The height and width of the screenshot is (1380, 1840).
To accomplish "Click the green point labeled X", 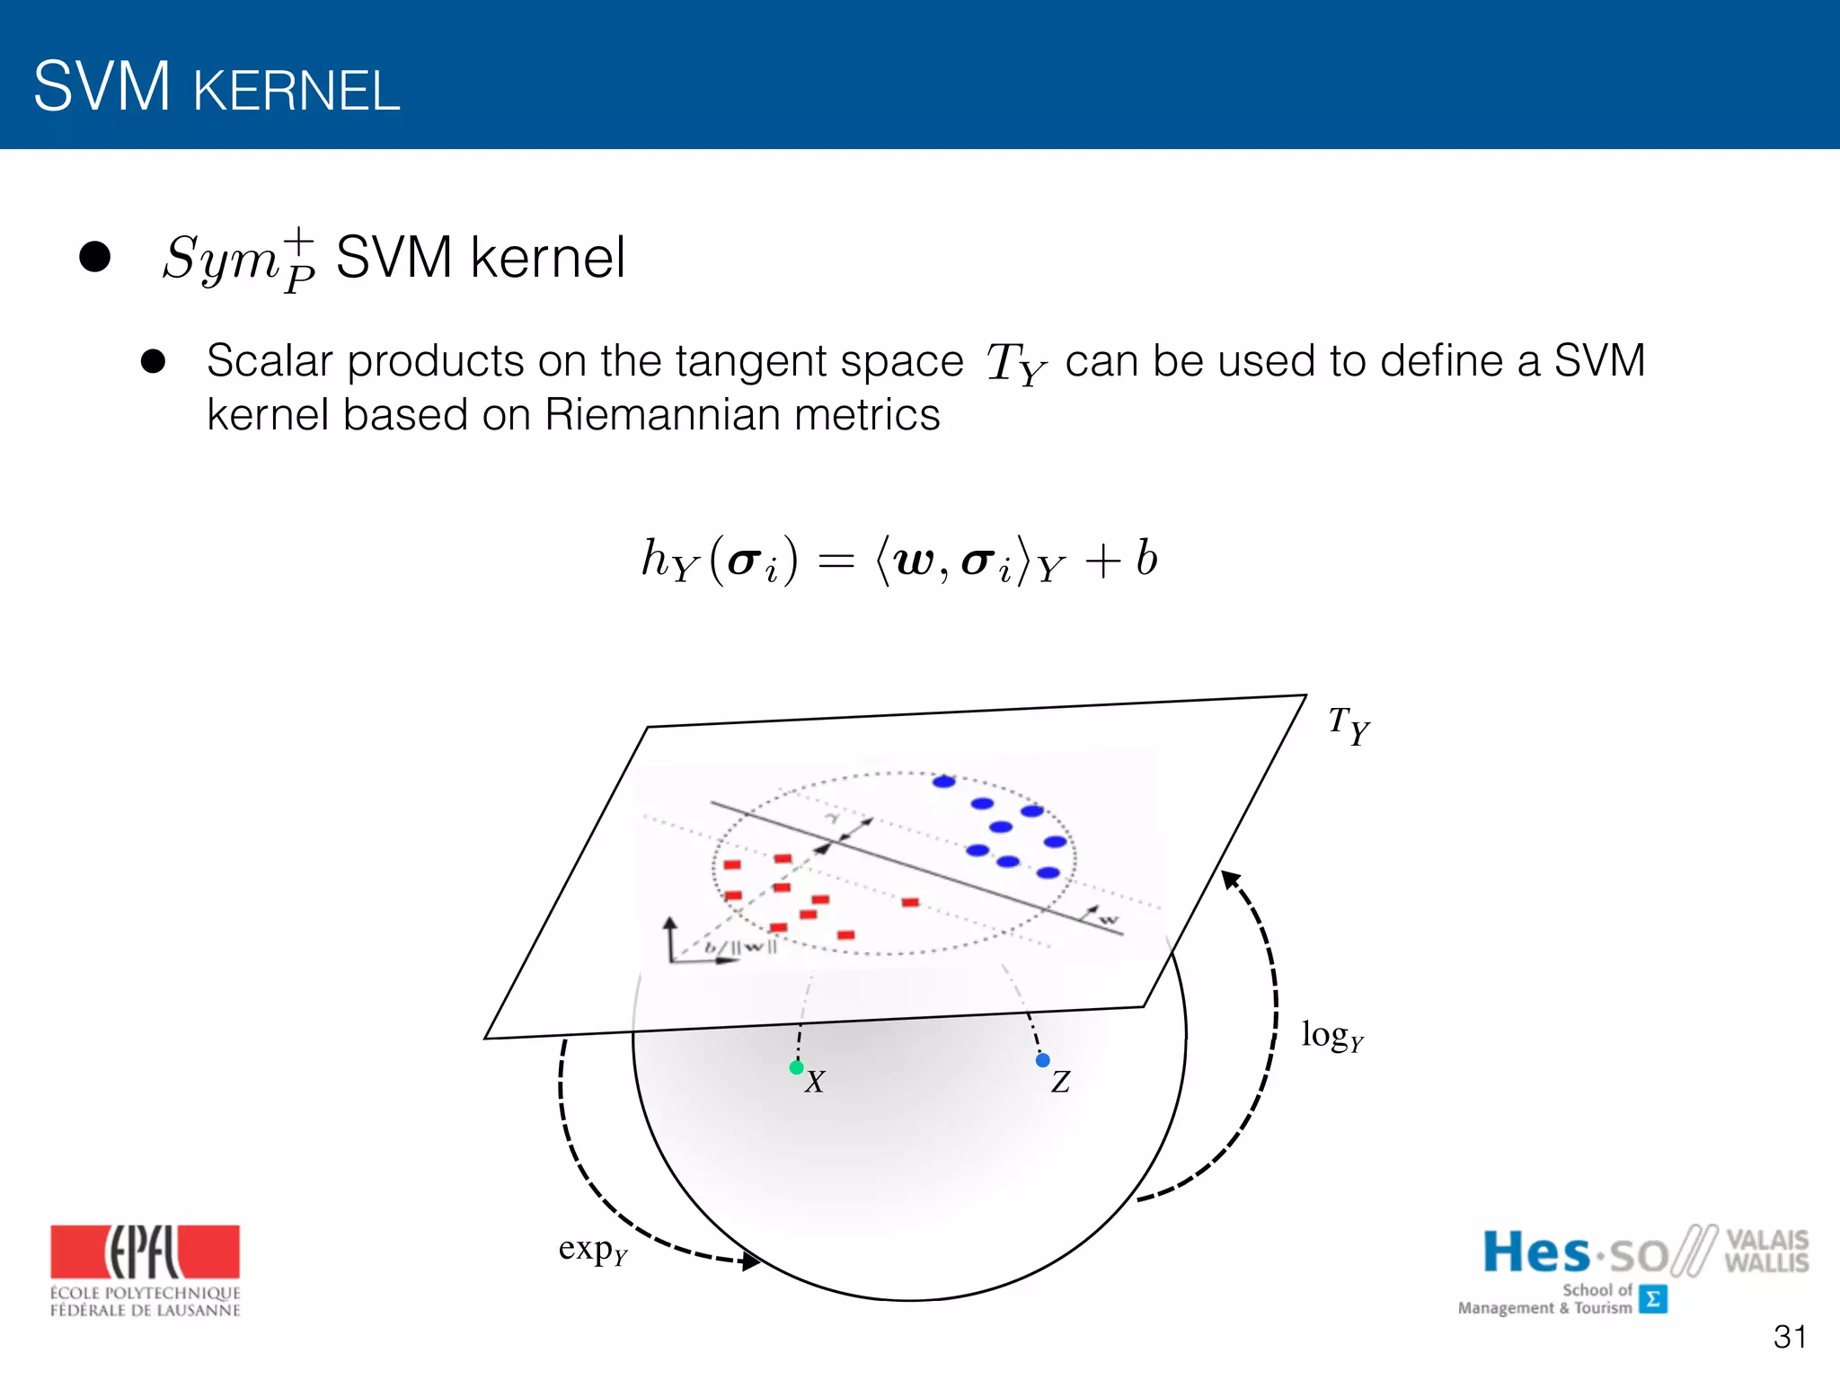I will pyautogui.click(x=796, y=1067).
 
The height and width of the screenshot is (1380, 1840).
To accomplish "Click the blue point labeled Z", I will pyautogui.click(x=1042, y=1060).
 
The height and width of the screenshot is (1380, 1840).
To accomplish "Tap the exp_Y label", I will pyautogui.click(x=592, y=1250).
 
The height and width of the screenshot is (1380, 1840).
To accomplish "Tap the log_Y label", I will pyautogui.click(x=1332, y=1036).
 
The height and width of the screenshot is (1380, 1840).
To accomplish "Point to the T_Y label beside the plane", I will pyautogui.click(x=1349, y=724).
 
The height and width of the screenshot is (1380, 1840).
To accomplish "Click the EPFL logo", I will pyautogui.click(x=145, y=1269).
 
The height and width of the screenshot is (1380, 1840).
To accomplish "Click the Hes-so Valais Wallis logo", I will pyautogui.click(x=1633, y=1268).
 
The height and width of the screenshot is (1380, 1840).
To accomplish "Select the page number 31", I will pyautogui.click(x=1790, y=1337).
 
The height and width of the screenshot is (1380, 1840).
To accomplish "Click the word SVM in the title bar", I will pyautogui.click(x=102, y=87).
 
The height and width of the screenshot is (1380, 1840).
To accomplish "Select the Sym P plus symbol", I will pyautogui.click(x=239, y=260).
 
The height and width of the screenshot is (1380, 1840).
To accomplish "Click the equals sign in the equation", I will pyautogui.click(x=836, y=562).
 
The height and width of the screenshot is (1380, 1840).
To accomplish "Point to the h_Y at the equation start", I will pyautogui.click(x=669, y=560).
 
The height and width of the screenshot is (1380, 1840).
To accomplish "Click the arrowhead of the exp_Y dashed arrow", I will pyautogui.click(x=750, y=1261).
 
